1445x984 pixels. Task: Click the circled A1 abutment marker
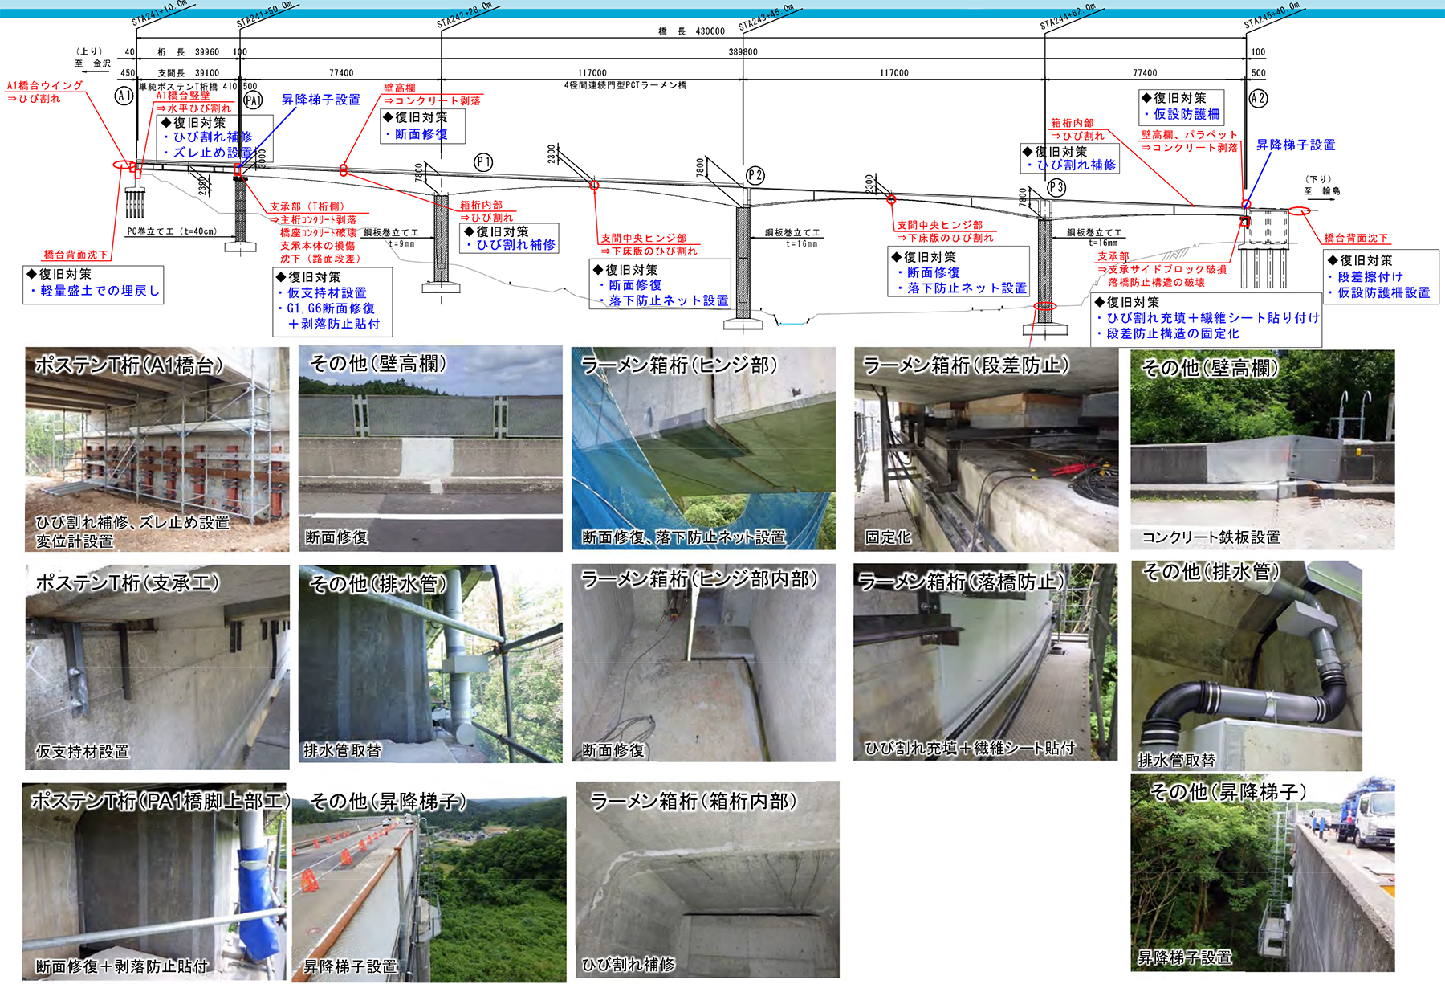[124, 96]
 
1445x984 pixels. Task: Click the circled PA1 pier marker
[253, 100]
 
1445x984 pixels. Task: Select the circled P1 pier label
[483, 162]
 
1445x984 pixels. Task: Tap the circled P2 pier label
[755, 175]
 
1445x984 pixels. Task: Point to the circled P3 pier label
[1056, 187]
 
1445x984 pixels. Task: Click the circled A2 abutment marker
[1258, 99]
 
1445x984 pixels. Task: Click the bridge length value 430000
[710, 31]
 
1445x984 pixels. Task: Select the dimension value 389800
[743, 52]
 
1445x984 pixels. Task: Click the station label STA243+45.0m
[766, 17]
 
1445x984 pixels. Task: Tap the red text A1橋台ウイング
[45, 85]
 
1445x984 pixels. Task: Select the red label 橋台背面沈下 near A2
[1356, 238]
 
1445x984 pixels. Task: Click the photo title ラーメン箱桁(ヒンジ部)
[679, 365]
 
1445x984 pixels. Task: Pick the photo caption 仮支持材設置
[83, 752]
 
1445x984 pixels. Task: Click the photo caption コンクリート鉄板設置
[1211, 537]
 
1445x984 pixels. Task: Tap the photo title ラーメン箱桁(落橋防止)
[961, 581]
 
